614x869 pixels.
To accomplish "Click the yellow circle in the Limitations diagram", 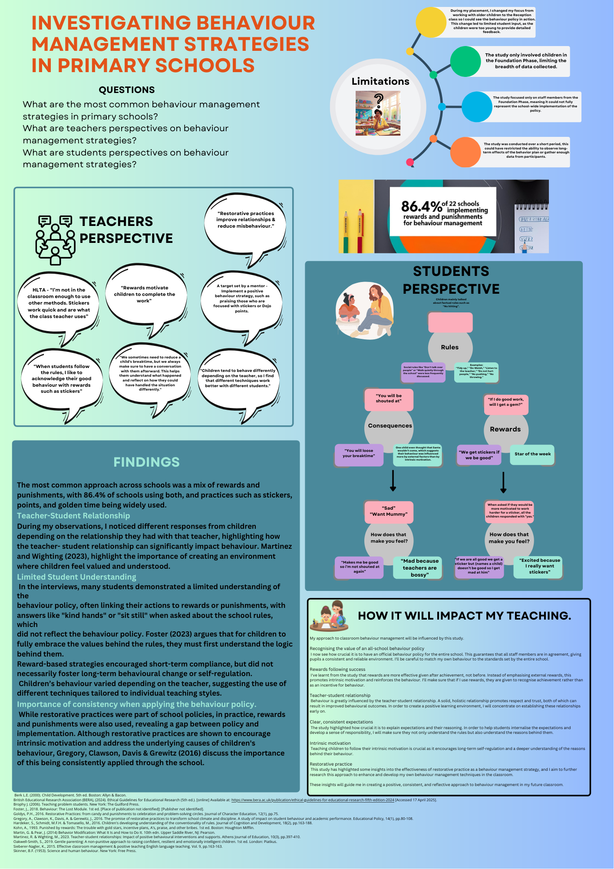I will [431, 22].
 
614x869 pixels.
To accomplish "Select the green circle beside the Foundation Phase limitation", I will [465, 61].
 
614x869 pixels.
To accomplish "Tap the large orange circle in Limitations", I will [465, 152].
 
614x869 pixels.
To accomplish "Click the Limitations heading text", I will [380, 81].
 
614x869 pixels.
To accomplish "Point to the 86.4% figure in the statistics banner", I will [421, 206].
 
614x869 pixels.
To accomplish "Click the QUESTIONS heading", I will [127, 90].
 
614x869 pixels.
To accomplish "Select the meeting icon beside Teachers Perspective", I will [55, 239].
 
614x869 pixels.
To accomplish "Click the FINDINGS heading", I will [146, 462].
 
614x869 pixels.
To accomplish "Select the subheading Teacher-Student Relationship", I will [73, 516].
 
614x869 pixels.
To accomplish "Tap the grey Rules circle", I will [450, 347].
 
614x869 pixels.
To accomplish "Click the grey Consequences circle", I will [390, 426].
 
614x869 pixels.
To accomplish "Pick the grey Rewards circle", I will [505, 429].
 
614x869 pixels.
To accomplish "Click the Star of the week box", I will [532, 454].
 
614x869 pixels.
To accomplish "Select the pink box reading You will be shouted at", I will [389, 399].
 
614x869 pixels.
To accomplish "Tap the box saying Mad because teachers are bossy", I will [419, 568].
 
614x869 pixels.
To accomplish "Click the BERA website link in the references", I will [313, 800].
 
